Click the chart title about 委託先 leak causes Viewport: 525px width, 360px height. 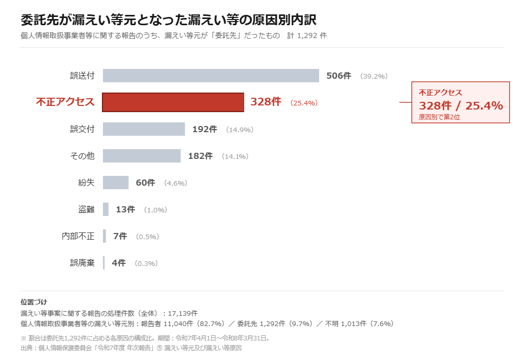click(168, 20)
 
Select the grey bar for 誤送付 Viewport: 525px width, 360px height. click(211, 76)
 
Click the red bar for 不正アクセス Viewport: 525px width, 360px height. click(173, 102)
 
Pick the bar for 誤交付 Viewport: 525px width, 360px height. click(144, 129)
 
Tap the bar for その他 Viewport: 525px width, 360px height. click(142, 156)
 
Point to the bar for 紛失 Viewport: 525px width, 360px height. click(115, 183)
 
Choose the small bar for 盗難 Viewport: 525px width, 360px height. click(106, 209)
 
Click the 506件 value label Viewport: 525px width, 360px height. click(339, 76)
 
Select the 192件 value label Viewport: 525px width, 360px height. click(204, 130)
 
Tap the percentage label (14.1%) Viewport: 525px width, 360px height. click(235, 156)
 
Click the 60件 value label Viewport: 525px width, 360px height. click(145, 183)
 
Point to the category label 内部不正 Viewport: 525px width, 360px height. click(78, 236)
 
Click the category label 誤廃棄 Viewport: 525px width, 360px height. click(82, 263)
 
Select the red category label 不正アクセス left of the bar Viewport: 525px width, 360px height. click(65, 102)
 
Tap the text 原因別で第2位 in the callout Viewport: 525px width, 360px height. click(439, 117)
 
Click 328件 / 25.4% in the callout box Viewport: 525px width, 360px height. click(461, 106)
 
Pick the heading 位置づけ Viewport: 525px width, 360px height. click(34, 302)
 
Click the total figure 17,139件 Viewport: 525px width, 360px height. click(183, 314)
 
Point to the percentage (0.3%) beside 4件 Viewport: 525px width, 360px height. click(146, 264)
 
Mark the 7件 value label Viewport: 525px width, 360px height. click(120, 237)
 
